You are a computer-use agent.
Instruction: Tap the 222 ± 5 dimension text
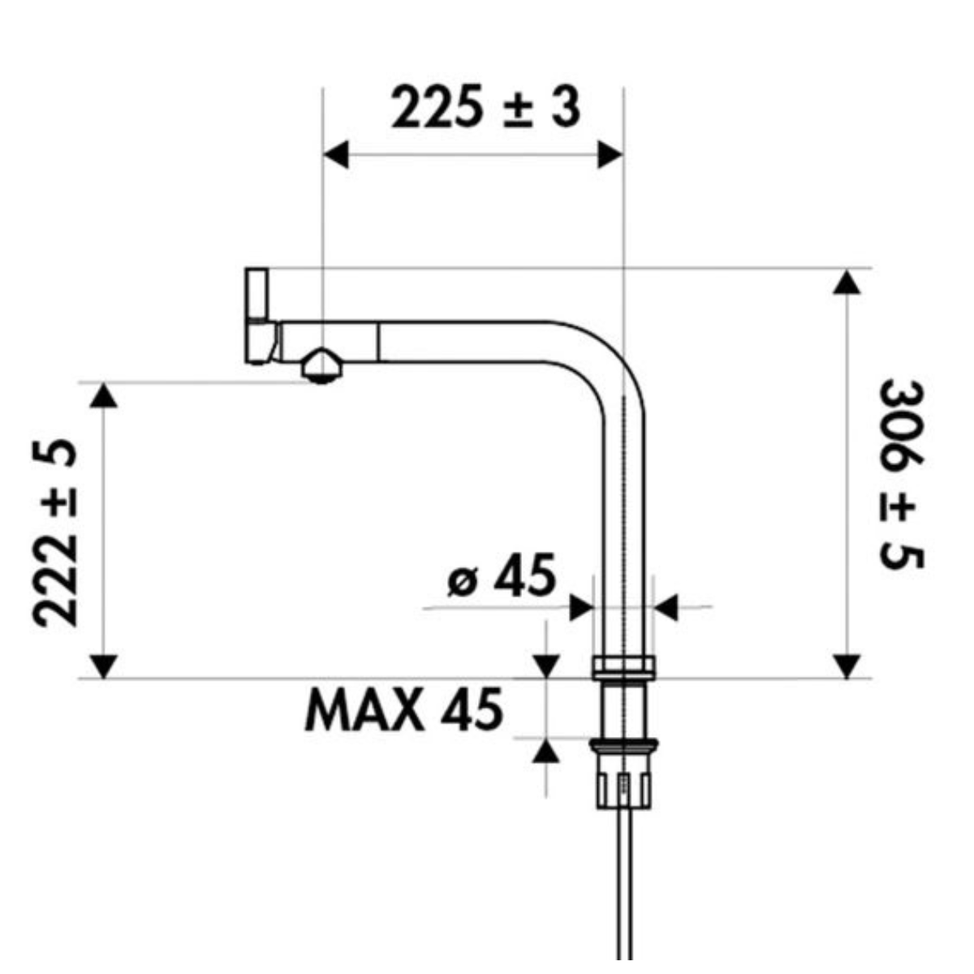(x=54, y=532)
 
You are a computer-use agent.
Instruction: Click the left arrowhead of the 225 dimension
(x=336, y=155)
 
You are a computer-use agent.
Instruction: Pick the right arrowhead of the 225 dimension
(x=610, y=155)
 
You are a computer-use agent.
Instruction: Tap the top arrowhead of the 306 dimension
(x=847, y=282)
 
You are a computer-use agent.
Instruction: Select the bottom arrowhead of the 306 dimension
(x=847, y=666)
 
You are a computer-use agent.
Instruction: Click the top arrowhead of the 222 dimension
(x=104, y=395)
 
